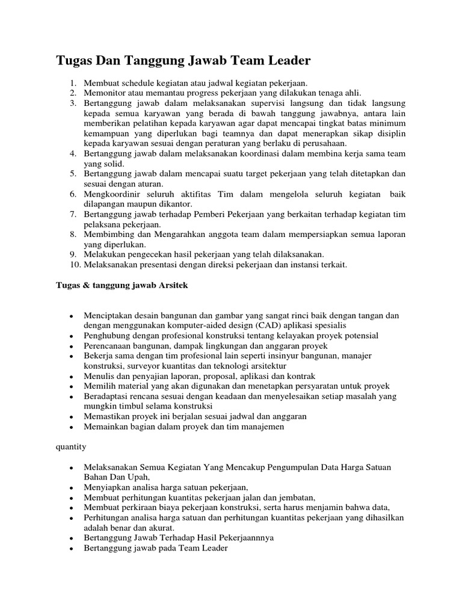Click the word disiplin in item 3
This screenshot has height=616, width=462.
(x=390, y=133)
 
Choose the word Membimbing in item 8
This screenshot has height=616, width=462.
(x=109, y=234)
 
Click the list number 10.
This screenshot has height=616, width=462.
(x=74, y=264)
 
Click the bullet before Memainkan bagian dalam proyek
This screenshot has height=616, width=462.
(x=72, y=427)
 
